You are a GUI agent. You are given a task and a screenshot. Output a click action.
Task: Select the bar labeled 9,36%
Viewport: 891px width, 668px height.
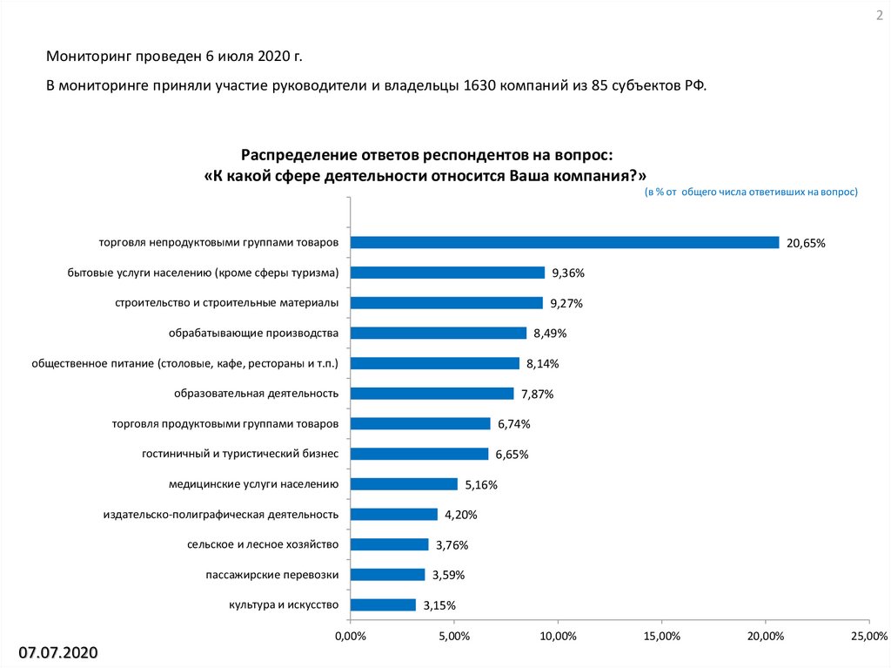point(447,273)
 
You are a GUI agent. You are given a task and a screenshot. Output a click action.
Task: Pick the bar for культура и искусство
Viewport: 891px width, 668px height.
point(383,604)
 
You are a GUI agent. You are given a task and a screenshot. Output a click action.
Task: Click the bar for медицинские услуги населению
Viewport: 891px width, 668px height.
point(404,484)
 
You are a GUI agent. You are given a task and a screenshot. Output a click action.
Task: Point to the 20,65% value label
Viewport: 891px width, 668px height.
point(806,243)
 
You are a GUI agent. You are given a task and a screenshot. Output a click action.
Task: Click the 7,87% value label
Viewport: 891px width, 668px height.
point(538,394)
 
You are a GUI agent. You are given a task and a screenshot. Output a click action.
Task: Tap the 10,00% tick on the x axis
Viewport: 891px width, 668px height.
point(558,638)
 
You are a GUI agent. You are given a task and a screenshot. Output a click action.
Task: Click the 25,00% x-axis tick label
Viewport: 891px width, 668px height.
point(865,638)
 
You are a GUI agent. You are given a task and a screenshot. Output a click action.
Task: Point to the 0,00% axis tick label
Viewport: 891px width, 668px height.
point(350,638)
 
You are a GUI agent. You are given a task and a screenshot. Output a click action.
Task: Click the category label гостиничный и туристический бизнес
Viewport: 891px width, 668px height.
point(239,454)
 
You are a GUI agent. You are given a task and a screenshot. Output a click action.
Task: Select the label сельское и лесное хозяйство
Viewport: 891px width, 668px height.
point(262,544)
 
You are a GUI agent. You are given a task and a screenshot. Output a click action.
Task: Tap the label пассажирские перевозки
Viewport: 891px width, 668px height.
point(271,574)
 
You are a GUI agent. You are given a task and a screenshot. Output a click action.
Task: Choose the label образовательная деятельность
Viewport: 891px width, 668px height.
point(256,393)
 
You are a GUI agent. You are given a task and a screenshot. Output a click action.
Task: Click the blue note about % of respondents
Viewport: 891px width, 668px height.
point(751,192)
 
